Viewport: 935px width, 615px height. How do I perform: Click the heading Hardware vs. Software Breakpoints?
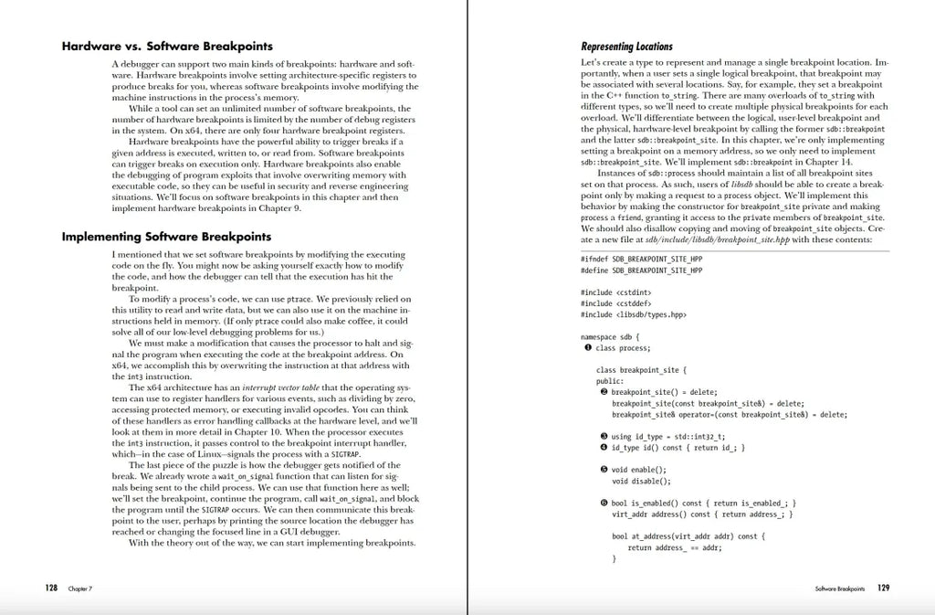(167, 46)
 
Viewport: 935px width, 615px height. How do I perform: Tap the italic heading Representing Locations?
(626, 47)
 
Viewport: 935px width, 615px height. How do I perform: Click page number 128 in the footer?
(52, 588)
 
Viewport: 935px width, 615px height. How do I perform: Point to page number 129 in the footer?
(883, 588)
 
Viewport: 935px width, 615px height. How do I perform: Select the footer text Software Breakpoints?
(840, 589)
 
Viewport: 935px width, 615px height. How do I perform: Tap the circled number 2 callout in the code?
(604, 391)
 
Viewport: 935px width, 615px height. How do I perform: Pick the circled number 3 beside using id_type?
(604, 436)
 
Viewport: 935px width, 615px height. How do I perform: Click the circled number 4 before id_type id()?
(604, 448)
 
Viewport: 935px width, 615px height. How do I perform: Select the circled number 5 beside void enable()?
(604, 470)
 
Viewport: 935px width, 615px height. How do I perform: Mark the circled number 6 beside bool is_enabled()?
(604, 503)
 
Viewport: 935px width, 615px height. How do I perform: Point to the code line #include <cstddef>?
(614, 303)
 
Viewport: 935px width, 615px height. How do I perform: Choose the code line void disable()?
(641, 481)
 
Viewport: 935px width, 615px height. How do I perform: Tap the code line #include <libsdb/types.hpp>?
(634, 314)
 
